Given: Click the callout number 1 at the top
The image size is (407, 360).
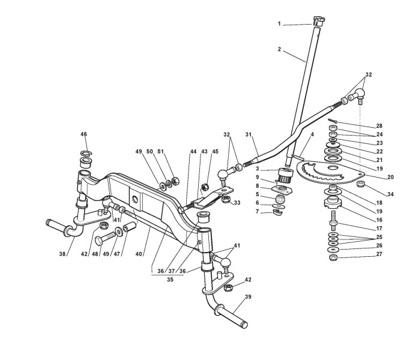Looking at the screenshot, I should tap(279, 23).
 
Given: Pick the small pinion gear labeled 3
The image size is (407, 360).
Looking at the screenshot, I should tap(284, 173).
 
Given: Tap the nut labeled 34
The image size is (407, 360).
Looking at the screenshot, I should tap(361, 184).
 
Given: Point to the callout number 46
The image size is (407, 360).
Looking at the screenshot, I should tap(83, 134).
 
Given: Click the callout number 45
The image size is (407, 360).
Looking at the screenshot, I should tap(214, 152).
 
